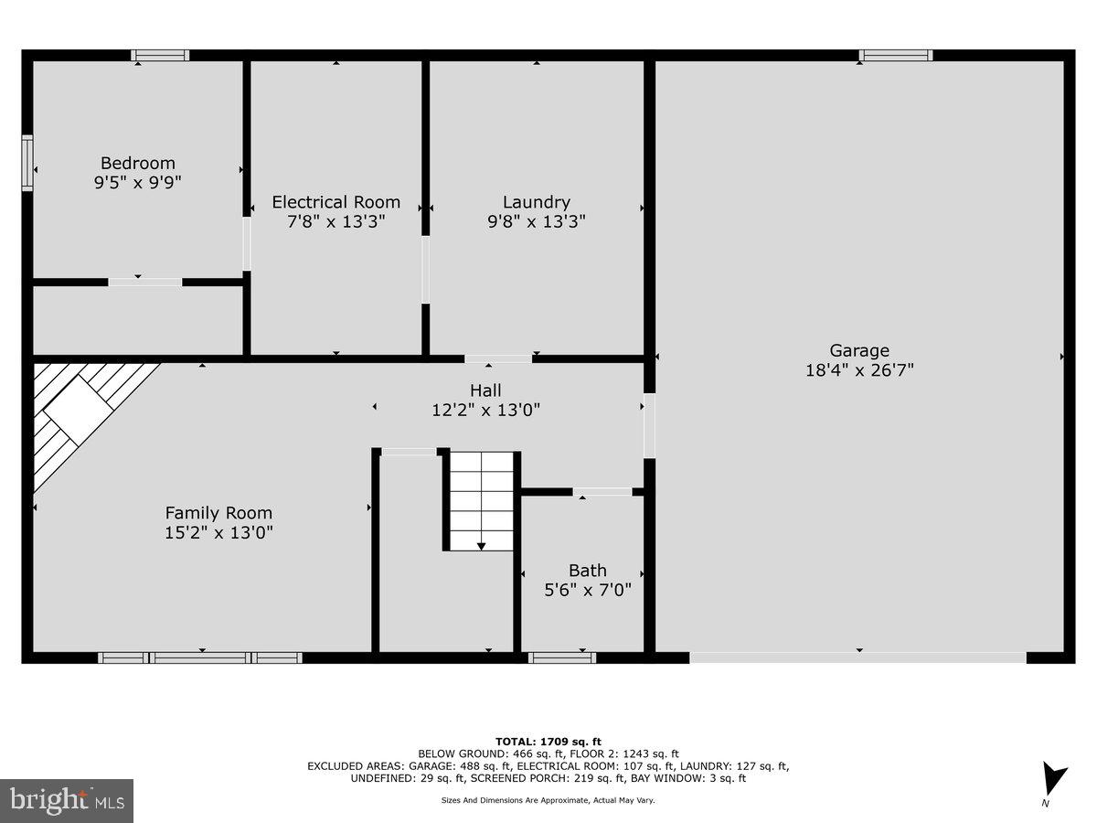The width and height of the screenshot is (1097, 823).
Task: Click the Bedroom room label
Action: (x=137, y=164)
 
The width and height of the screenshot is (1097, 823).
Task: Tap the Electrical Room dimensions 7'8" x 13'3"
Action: (x=335, y=221)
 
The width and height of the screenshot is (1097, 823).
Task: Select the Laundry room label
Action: (x=536, y=202)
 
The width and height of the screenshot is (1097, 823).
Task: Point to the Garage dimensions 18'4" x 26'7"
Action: (x=858, y=369)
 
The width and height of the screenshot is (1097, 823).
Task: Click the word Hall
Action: (x=485, y=390)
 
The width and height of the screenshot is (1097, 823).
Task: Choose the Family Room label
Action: (x=218, y=513)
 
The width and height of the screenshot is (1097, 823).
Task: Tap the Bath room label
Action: (x=587, y=571)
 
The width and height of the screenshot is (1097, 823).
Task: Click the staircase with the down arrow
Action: (x=481, y=501)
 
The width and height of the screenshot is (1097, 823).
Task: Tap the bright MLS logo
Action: (x=66, y=801)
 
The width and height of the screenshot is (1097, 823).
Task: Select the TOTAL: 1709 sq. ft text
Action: (x=548, y=742)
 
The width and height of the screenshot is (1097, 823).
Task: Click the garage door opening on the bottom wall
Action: (x=857, y=657)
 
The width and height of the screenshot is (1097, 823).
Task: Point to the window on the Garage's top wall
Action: (x=895, y=56)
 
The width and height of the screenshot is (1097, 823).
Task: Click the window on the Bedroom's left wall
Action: (x=27, y=163)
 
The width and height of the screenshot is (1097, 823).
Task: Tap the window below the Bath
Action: (x=562, y=657)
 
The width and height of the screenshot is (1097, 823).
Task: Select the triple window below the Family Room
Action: (x=200, y=657)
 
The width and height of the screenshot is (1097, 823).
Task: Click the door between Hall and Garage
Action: (x=649, y=425)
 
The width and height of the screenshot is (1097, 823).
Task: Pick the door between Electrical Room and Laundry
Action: (x=425, y=270)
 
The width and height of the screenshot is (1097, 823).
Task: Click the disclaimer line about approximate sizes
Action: (x=548, y=800)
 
